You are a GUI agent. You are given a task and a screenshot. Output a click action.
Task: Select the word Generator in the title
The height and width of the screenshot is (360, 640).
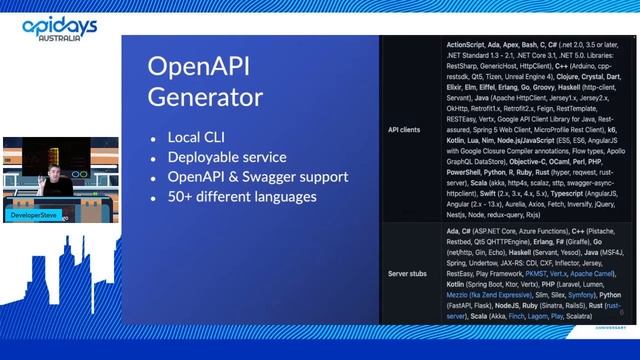(205, 97)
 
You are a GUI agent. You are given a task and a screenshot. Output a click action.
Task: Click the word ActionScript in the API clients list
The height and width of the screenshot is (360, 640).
(467, 46)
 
